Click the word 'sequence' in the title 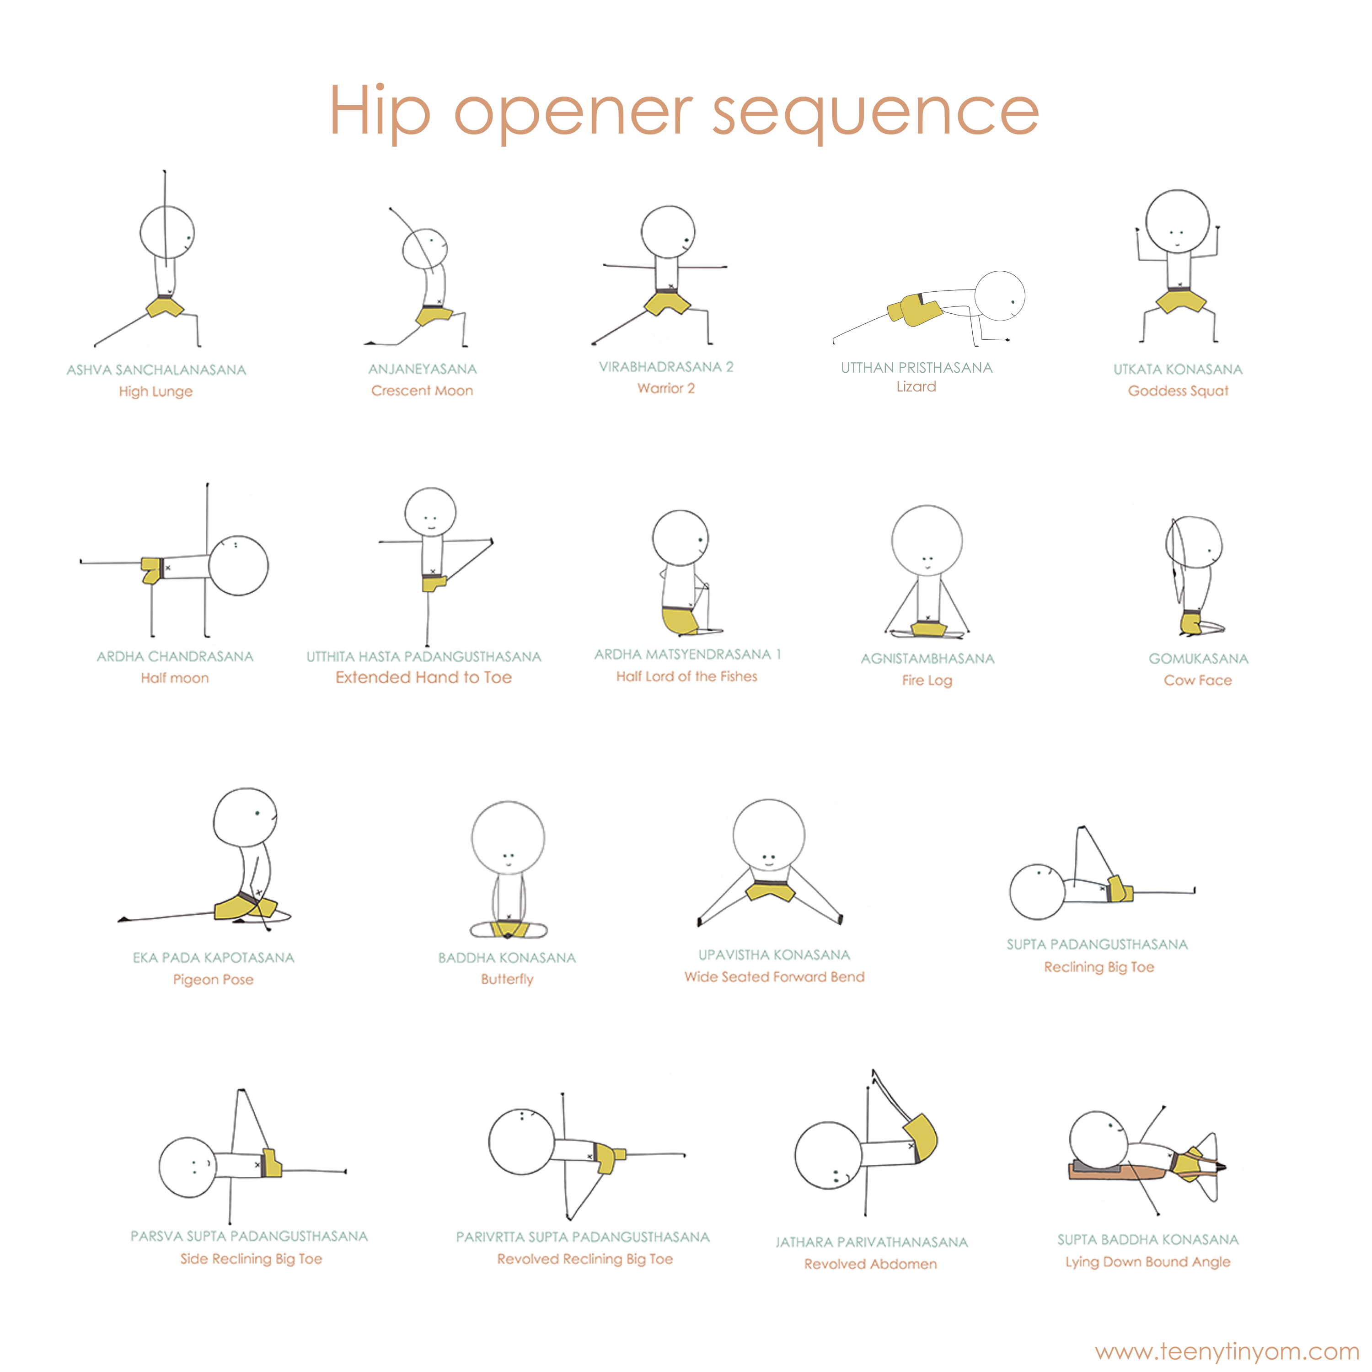876,113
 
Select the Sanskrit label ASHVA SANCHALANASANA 156,370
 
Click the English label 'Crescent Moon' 422,391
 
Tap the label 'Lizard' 916,386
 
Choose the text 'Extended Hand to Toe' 423,677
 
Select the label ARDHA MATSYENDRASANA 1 687,654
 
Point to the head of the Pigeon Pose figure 245,817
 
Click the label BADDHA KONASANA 507,958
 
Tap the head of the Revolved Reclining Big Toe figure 521,1141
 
